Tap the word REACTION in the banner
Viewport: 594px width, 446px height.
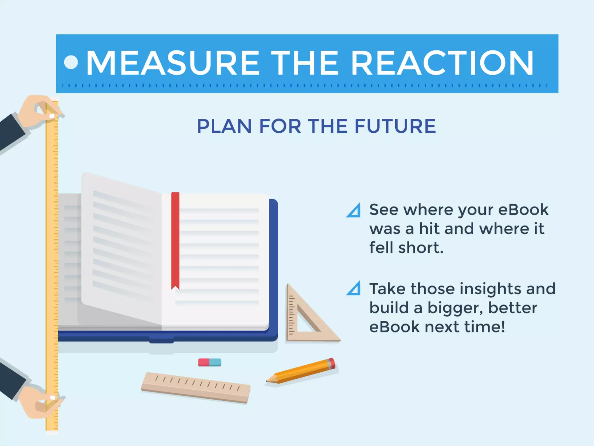[x=442, y=63]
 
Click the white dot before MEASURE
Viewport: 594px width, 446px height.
[x=71, y=62]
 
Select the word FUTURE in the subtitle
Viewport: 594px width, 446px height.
[x=395, y=126]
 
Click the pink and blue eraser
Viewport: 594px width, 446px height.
[x=209, y=362]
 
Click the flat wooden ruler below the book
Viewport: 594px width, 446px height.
[x=196, y=388]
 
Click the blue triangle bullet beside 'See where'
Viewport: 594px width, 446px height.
[x=354, y=211]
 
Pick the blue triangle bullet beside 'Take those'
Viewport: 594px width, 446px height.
[x=354, y=289]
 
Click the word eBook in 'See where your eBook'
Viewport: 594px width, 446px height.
[x=523, y=210]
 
